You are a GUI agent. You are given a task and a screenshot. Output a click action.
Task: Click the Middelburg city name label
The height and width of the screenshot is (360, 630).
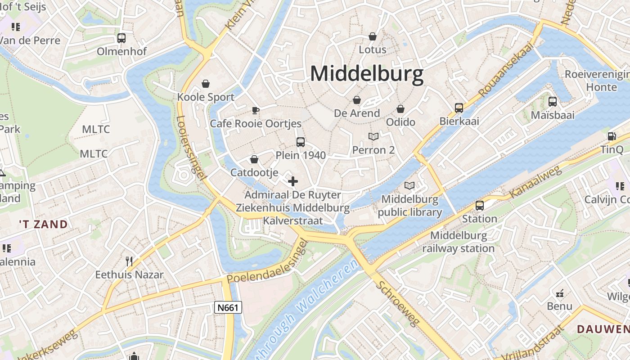(367, 73)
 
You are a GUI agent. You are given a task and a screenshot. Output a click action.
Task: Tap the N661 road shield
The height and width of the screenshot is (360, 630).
(228, 307)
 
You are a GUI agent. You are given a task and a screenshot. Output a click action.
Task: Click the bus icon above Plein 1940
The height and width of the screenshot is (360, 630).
(301, 142)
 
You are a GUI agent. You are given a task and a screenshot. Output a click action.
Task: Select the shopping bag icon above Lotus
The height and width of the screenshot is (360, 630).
(373, 36)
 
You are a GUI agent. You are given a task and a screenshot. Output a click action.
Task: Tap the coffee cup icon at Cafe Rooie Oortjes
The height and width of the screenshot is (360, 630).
(256, 110)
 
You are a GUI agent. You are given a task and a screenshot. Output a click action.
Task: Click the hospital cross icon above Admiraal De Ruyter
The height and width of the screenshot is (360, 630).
(293, 181)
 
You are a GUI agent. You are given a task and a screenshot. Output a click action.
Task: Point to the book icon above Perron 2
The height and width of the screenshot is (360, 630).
(373, 136)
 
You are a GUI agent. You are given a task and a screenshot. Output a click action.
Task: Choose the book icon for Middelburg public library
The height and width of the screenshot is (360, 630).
(409, 185)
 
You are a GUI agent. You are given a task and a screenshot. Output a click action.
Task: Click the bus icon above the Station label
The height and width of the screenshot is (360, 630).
(480, 206)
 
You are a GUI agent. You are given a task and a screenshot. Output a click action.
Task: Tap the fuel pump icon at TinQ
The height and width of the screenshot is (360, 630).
(612, 136)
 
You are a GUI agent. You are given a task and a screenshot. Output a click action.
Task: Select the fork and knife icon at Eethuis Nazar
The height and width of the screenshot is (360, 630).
(129, 261)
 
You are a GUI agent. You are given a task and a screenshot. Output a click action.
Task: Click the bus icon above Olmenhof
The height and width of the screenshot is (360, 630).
(121, 38)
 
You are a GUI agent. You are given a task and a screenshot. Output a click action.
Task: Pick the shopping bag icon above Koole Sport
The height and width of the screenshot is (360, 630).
(206, 84)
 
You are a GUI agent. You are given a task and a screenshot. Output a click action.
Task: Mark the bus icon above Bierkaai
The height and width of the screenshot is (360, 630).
(459, 108)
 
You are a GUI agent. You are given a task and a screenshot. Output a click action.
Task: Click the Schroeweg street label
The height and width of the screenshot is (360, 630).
(398, 303)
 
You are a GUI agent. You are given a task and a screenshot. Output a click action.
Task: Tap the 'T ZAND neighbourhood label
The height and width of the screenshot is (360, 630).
(43, 224)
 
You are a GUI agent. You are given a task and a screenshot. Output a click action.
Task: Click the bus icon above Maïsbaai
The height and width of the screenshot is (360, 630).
(553, 102)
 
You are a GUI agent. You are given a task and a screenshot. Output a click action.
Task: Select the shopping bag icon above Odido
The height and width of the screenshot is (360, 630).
(400, 109)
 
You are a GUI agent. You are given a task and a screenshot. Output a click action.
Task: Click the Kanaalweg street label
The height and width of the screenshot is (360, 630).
(535, 182)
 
